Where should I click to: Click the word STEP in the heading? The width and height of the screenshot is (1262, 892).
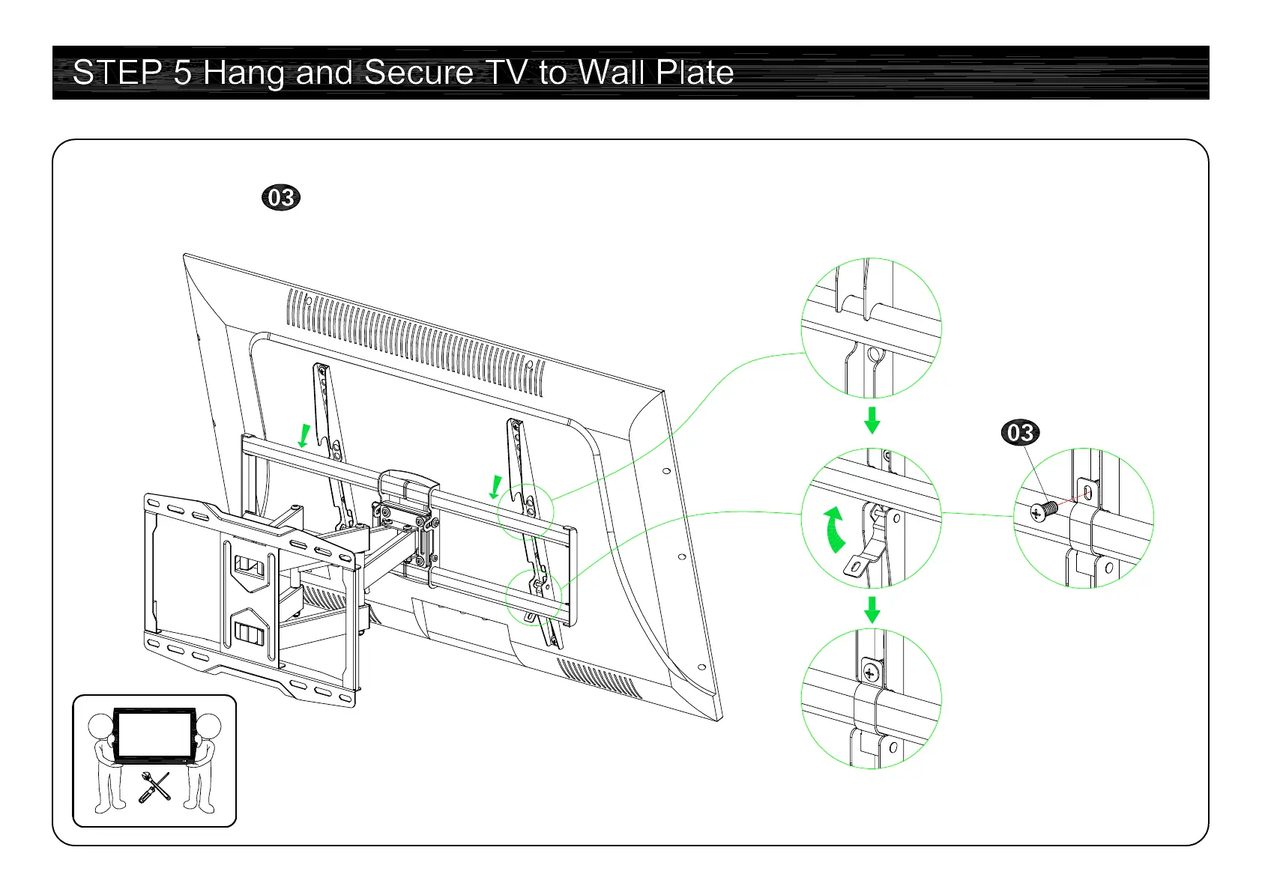point(117,73)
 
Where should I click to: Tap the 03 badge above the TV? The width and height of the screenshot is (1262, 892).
point(281,198)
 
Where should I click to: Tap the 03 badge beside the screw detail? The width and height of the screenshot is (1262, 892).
point(1020,433)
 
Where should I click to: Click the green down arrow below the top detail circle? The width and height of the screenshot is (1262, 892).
point(872,421)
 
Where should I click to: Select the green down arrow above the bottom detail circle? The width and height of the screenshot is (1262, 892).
point(872,610)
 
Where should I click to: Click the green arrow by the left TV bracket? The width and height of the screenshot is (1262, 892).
point(304,436)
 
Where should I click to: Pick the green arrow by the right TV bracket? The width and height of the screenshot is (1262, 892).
point(495,488)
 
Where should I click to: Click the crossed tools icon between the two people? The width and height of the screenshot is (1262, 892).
point(154,788)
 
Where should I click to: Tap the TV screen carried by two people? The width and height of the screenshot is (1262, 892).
point(154,734)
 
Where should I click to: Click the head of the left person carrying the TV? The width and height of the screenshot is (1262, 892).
point(100,726)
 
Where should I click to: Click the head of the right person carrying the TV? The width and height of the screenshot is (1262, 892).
point(208,726)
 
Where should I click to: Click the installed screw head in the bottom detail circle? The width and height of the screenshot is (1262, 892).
point(870,671)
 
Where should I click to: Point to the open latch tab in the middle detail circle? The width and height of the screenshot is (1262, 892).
point(858,563)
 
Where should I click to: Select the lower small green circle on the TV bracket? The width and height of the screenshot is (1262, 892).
point(533,597)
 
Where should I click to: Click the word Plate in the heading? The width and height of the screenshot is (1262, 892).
point(695,73)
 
